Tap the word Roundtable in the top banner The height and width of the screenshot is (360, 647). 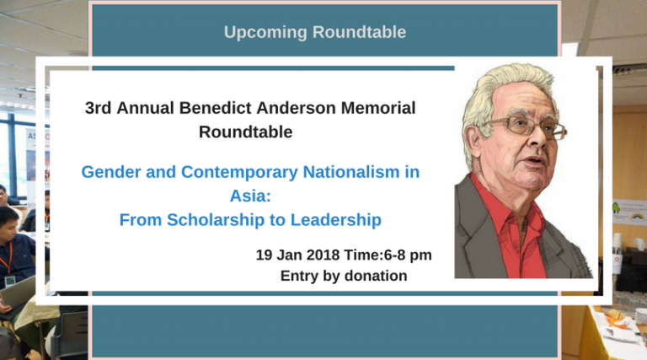(359, 32)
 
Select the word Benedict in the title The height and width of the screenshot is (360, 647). (216, 108)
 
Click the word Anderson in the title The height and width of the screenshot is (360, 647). (296, 108)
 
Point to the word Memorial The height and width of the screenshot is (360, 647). (378, 108)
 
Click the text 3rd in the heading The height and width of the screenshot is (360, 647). (99, 108)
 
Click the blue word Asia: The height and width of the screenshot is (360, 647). (250, 196)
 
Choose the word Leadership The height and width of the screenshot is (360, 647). (336, 220)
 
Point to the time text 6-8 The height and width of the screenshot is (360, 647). (396, 255)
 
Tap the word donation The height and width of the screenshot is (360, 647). (376, 276)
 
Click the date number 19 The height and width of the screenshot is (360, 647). (264, 255)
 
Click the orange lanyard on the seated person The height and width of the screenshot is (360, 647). (8, 258)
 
